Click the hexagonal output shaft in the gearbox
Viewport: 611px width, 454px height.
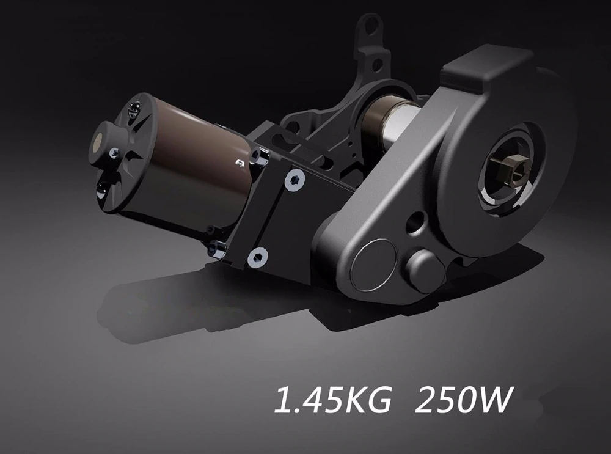tap(507, 170)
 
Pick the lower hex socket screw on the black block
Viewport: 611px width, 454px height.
tap(257, 258)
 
